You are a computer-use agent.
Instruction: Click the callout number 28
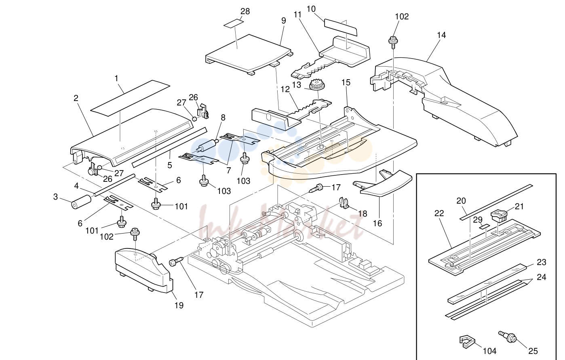[x=245, y=11]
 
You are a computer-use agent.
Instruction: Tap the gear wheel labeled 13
[x=316, y=85]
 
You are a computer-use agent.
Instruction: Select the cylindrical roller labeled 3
[x=81, y=202]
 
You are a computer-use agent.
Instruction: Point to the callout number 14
[x=441, y=35]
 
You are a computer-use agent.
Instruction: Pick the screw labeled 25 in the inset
[x=508, y=337]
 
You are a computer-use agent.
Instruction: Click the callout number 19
[x=179, y=305]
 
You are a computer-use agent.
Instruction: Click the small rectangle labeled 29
[x=485, y=227]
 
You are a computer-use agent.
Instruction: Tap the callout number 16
[x=377, y=223]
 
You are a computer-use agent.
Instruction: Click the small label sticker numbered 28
[x=234, y=23]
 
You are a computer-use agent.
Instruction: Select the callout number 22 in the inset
[x=439, y=213]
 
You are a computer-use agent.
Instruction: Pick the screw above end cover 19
[x=135, y=234]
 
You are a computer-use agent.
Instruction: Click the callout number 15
[x=346, y=82]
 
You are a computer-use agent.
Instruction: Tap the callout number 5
[x=169, y=165]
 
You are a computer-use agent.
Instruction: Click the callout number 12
[x=285, y=89]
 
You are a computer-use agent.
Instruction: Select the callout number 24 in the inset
[x=541, y=277]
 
